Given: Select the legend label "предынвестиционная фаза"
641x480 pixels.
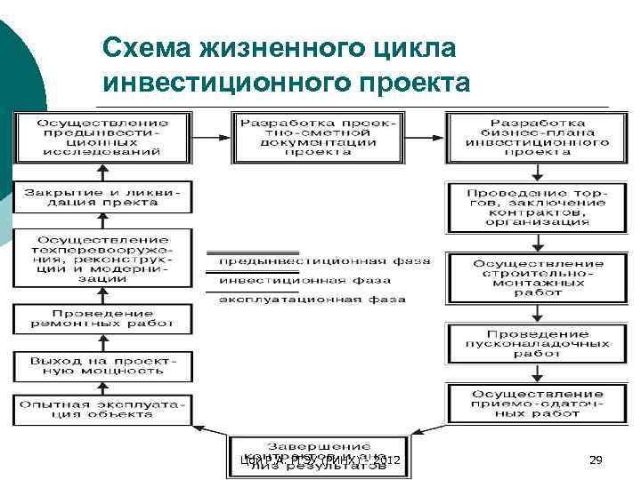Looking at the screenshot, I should [x=324, y=261].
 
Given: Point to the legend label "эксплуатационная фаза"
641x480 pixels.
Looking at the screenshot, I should [x=312, y=299].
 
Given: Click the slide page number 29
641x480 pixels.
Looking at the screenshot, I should [x=596, y=460].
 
